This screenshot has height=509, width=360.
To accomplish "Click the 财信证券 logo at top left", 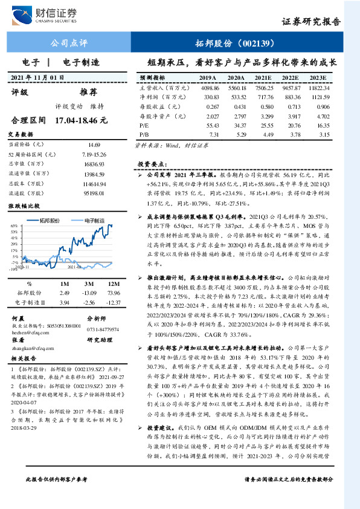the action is pyautogui.click(x=51, y=14).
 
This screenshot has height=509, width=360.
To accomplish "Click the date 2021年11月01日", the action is pyautogui.click(x=37, y=78).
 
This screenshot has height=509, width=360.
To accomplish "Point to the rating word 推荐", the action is pyautogui.click(x=89, y=92).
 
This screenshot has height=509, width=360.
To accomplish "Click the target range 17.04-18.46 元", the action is pyautogui.click(x=80, y=120).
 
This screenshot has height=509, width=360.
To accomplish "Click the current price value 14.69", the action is pyautogui.click(x=94, y=145).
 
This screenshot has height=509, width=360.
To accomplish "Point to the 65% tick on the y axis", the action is pyautogui.click(x=13, y=225).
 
